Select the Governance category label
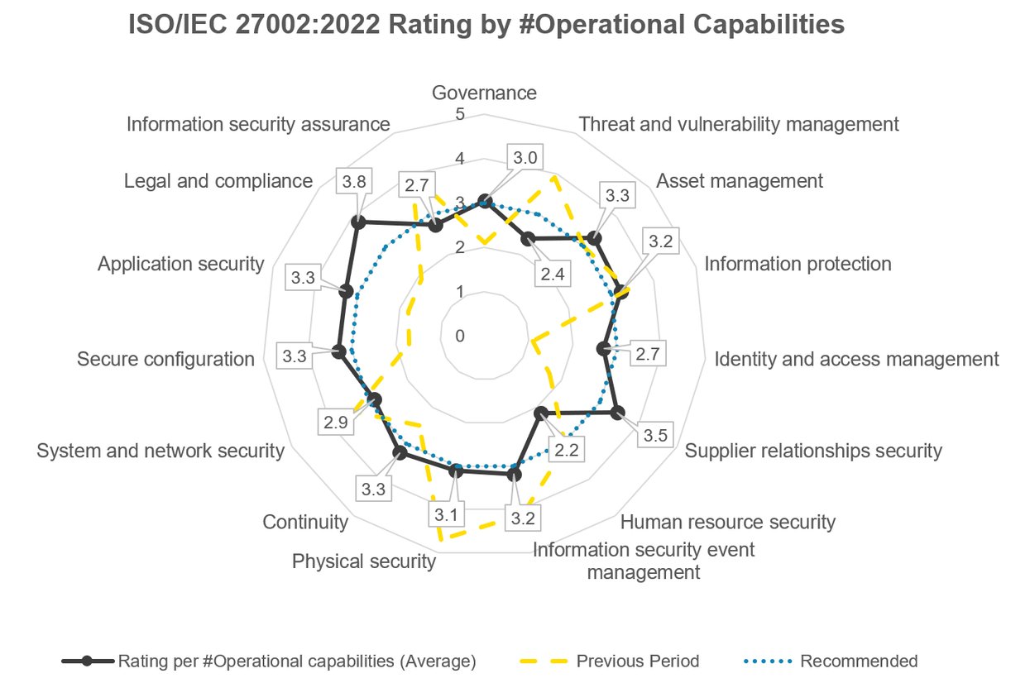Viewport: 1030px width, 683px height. (484, 93)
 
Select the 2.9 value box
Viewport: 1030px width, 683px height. (335, 422)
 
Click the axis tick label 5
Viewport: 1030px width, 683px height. (460, 114)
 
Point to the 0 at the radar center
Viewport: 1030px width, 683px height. (460, 336)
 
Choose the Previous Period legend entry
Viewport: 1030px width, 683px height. (637, 661)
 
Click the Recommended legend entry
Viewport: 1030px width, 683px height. (859, 661)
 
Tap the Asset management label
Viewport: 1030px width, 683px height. (739, 180)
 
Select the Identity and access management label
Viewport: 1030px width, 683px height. (856, 359)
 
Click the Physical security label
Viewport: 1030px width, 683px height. (363, 561)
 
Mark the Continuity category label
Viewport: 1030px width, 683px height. (304, 522)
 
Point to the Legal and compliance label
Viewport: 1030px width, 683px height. (218, 180)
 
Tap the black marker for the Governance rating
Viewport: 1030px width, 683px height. (486, 200)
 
